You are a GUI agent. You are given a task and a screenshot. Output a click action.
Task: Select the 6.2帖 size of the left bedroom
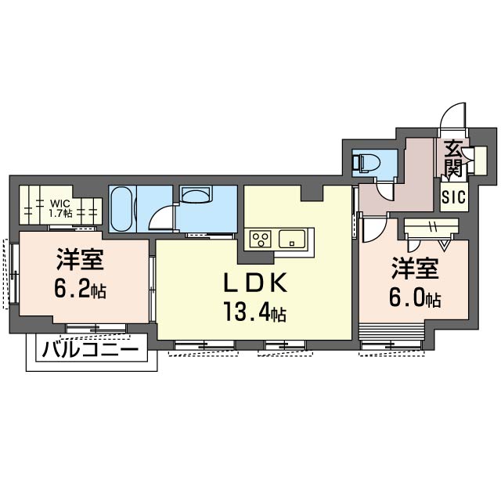point(80,290)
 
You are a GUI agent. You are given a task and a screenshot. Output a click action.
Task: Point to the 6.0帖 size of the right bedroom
point(415,299)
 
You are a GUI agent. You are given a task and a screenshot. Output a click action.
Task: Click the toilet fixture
point(368,163)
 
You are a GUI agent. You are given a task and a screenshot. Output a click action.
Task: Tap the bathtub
point(121,210)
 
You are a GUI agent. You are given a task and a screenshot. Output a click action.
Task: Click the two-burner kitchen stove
point(260,237)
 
